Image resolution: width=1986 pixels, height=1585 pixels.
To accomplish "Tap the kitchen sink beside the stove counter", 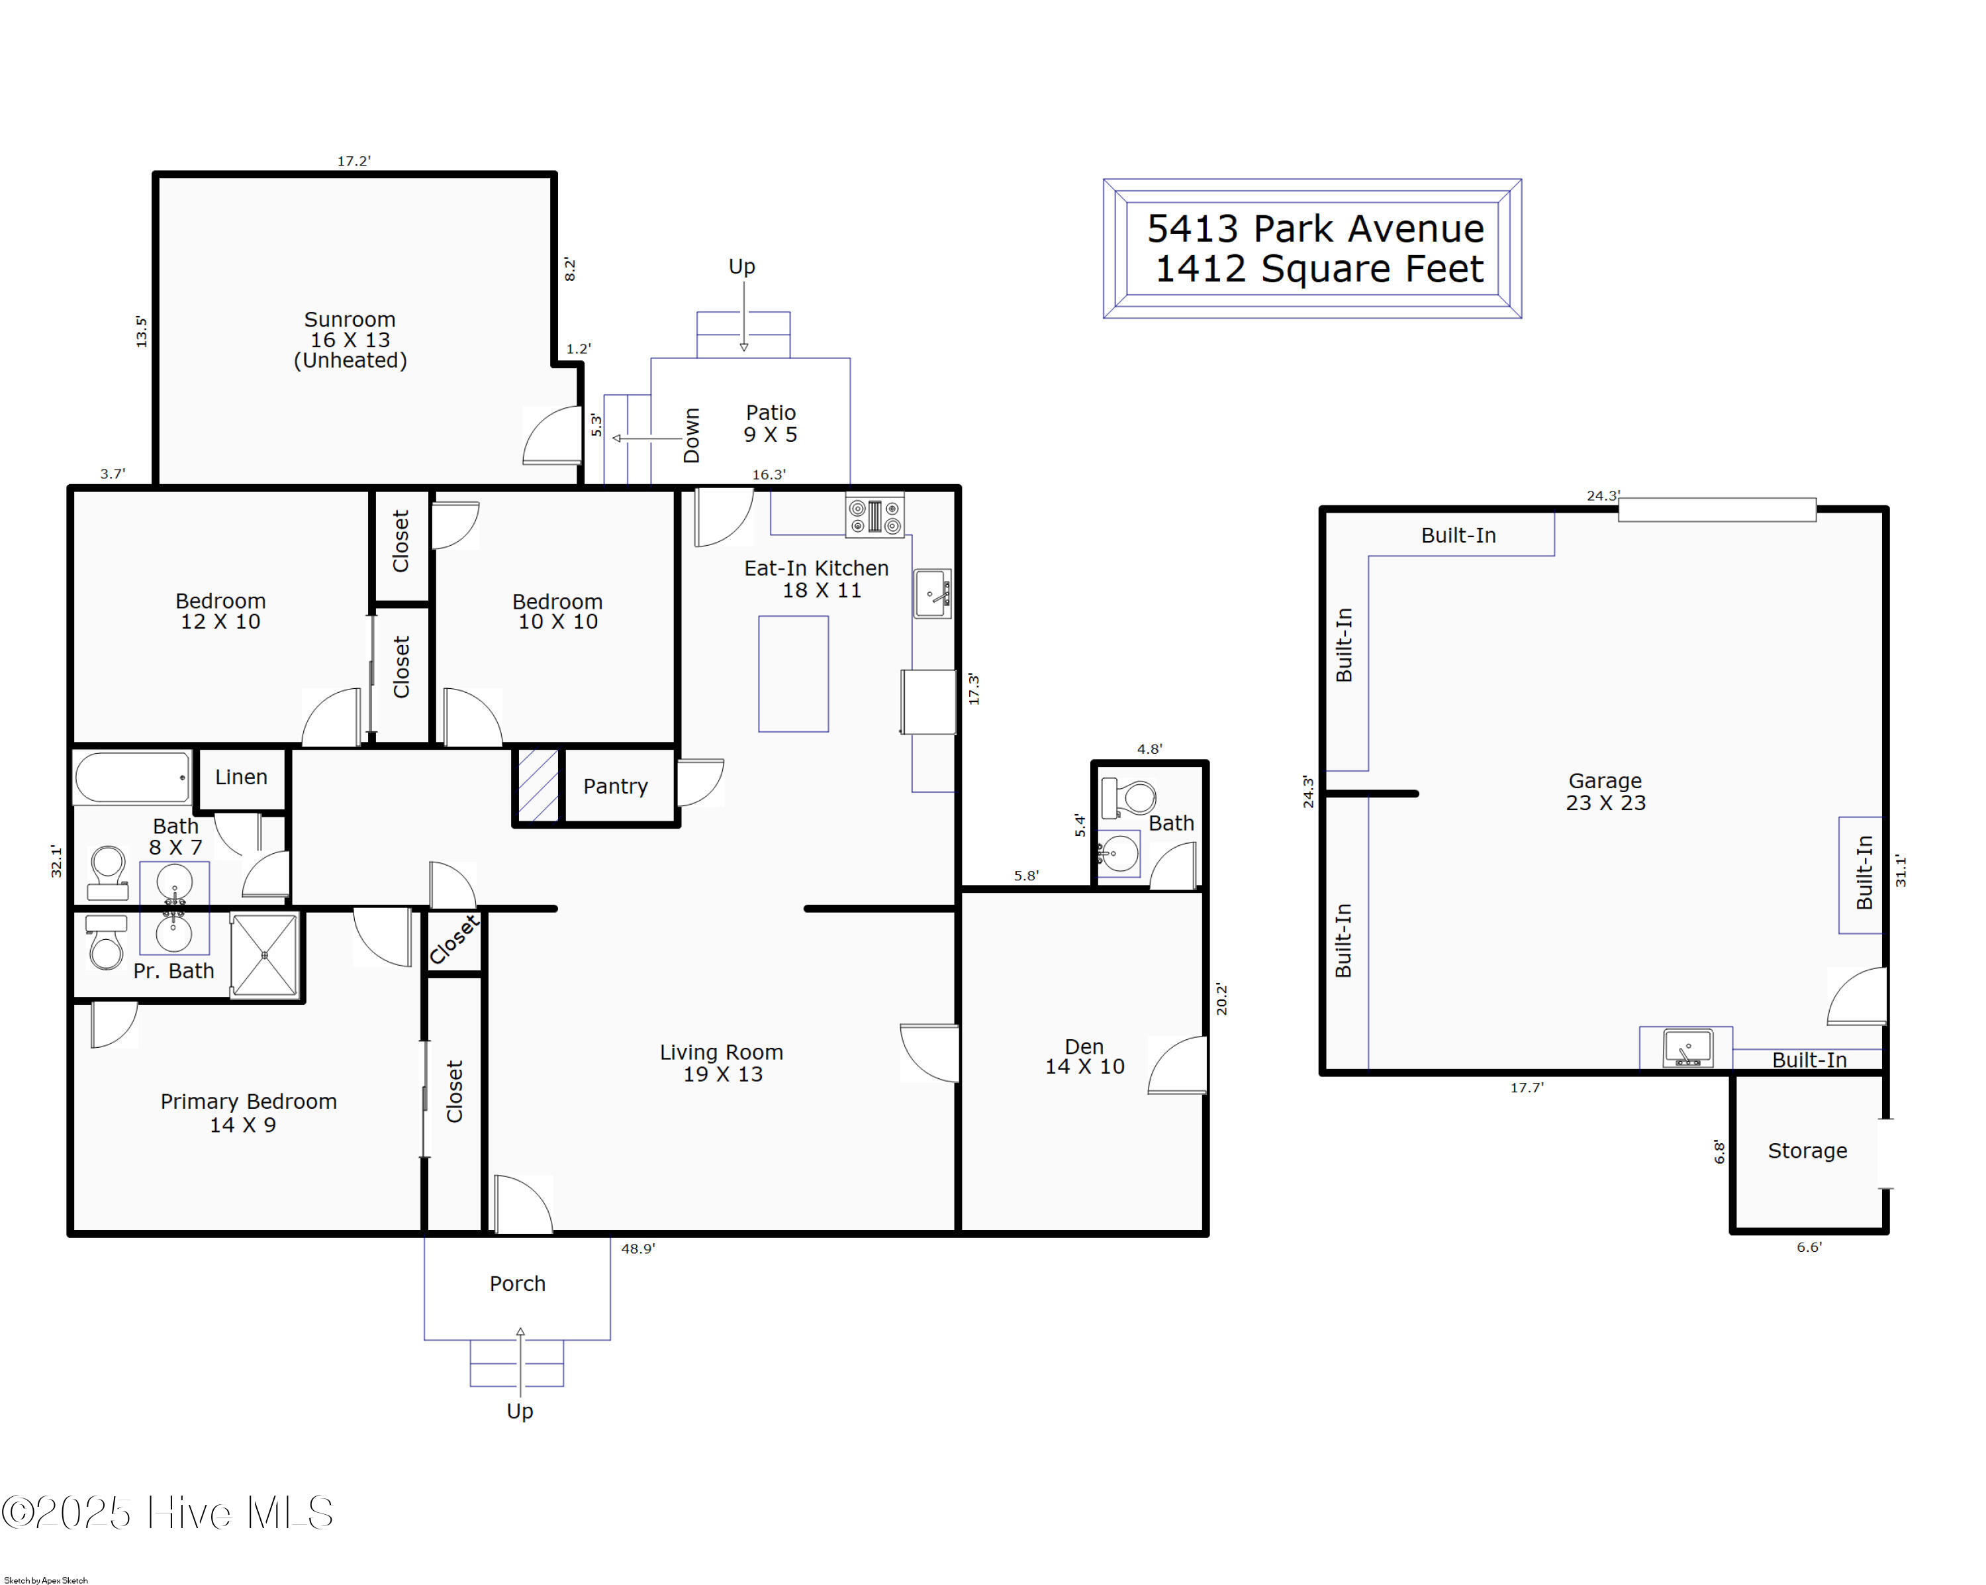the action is pos(932,593).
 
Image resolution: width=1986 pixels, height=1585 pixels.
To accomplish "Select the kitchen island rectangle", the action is pos(793,674).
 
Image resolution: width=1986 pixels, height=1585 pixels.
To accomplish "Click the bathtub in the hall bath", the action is pos(132,778).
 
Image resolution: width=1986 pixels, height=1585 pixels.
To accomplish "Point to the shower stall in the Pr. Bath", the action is pos(264,956).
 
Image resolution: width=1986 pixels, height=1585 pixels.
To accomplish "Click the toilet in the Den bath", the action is pos(1129,797).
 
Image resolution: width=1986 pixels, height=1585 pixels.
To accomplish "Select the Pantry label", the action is pos(615,786).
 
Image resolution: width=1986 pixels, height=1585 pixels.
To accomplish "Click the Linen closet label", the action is pos(242,777).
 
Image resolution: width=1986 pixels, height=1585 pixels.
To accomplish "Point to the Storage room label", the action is pos(1807,1151).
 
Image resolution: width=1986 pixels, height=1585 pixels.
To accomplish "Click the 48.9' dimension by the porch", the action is pos(638,1249).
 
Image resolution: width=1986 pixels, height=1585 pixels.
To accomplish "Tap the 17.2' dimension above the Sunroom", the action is pos(354,161).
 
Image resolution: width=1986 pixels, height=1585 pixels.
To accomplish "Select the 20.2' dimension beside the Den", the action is pos(1221,999).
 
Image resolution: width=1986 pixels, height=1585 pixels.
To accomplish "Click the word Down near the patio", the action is pos(692,435).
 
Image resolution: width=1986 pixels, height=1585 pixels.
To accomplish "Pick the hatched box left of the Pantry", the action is pos(539,785).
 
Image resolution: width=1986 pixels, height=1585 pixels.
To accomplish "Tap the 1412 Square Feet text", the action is pos(1319,269).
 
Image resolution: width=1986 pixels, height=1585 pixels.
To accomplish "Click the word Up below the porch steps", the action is pos(520,1411).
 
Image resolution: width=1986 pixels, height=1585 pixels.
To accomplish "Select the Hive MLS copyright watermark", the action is pos(167,1512).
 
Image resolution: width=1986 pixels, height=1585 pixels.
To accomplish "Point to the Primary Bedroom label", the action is pos(249,1112).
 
